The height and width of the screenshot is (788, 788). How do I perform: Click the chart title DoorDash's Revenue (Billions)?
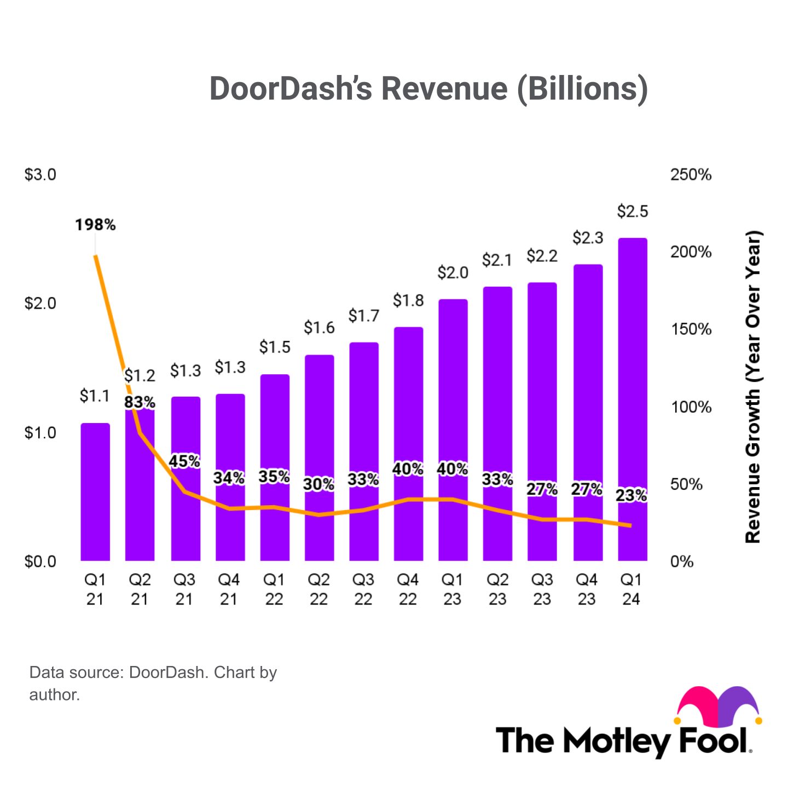tap(428, 89)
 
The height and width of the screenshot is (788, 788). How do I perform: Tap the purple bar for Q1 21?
tap(95, 493)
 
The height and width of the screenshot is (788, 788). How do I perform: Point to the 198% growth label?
tap(95, 225)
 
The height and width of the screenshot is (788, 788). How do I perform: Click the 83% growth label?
tap(140, 402)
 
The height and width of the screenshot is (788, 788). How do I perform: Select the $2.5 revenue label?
tap(633, 211)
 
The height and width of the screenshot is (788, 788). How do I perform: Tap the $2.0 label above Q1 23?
tap(453, 273)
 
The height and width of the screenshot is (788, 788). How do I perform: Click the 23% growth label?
tap(631, 496)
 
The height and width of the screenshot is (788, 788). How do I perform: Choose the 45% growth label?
tap(184, 462)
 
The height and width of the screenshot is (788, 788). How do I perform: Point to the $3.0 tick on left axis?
tap(40, 175)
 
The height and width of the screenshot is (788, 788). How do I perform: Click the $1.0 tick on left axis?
tap(40, 433)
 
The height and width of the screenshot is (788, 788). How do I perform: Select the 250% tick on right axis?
tap(691, 175)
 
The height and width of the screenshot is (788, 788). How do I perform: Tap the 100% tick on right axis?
tap(691, 407)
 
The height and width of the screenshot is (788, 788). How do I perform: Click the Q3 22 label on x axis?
tap(363, 589)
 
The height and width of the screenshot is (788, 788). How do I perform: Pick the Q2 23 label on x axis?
tap(497, 589)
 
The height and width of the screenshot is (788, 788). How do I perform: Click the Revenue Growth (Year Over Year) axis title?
tap(754, 387)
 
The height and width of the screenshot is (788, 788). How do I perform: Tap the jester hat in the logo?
tap(719, 706)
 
